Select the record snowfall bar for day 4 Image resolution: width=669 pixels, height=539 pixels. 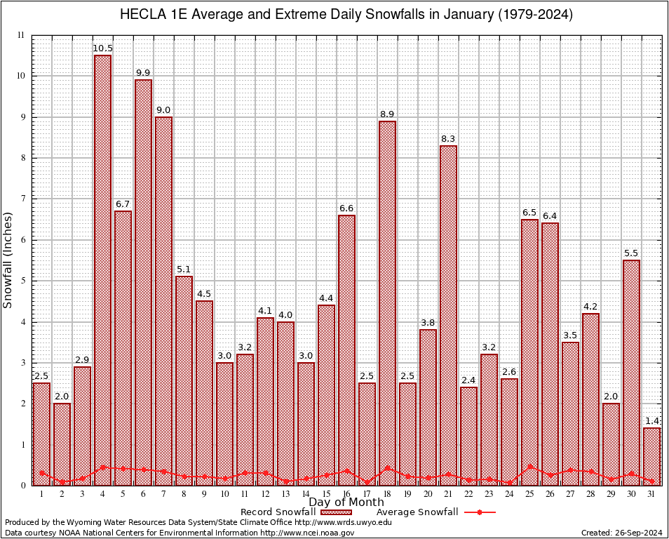tap(102, 270)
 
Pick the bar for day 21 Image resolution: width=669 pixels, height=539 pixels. tap(448, 316)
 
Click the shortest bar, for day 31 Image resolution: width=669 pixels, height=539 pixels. tap(651, 456)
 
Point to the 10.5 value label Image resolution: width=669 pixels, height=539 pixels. tap(102, 48)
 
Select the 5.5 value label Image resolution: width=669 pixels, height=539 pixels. tap(631, 253)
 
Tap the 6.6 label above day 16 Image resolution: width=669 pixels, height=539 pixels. tap(346, 208)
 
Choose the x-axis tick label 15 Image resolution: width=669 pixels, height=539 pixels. tap(326, 494)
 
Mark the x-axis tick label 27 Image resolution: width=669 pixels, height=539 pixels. tap(570, 494)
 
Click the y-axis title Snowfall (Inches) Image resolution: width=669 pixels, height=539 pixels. tap(8, 260)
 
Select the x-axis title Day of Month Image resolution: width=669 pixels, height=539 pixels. tap(346, 503)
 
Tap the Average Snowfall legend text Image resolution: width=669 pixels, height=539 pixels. tap(417, 512)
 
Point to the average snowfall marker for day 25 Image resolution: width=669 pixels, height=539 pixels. tap(529, 466)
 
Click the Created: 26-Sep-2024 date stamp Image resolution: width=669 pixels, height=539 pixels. tap(622, 533)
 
